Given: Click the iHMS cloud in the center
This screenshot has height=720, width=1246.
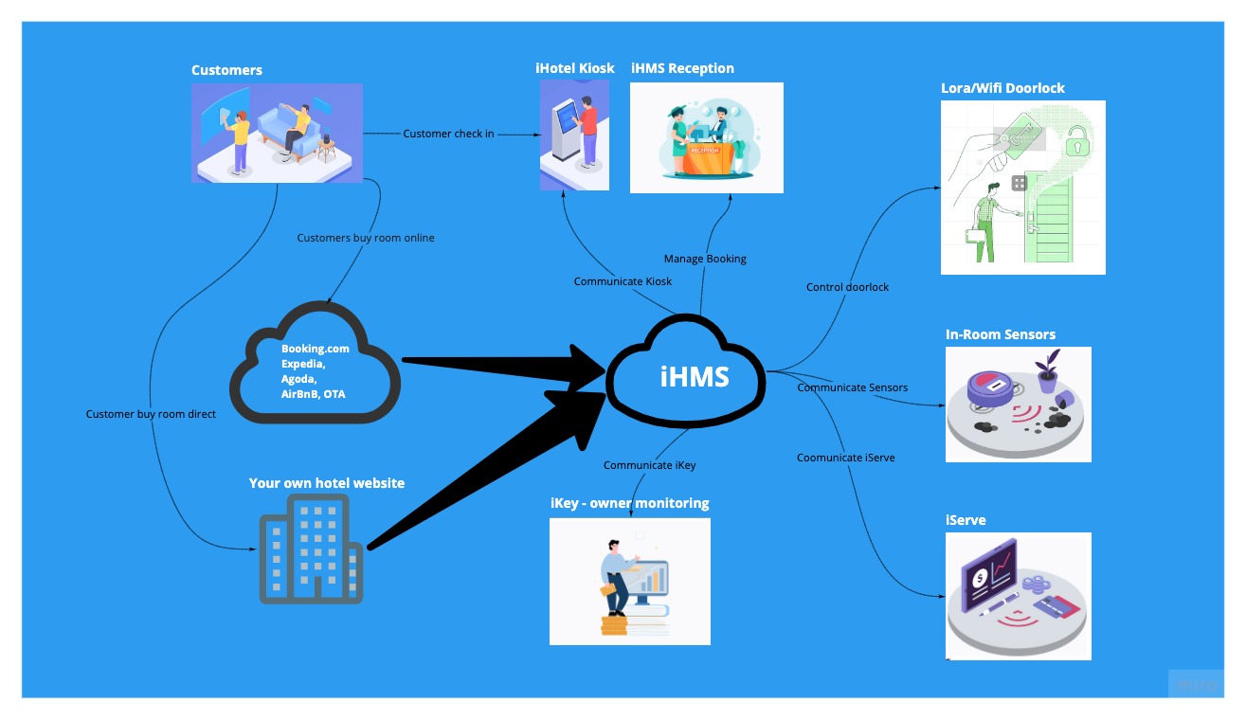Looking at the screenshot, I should pyautogui.click(x=695, y=376).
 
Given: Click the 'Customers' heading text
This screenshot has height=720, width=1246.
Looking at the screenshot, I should pyautogui.click(x=226, y=70).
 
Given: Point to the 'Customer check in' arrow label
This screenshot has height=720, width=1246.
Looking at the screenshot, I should pyautogui.click(x=448, y=134).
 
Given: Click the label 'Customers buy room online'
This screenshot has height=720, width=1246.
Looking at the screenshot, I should pyautogui.click(x=366, y=238).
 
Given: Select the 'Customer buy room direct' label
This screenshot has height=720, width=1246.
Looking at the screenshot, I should pyautogui.click(x=151, y=414).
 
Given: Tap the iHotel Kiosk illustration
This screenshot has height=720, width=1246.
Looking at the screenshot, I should pyautogui.click(x=574, y=135).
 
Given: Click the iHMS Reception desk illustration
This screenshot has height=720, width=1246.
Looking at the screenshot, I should pyautogui.click(x=706, y=137).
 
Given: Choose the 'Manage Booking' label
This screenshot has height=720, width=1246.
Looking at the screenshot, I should pyautogui.click(x=705, y=259).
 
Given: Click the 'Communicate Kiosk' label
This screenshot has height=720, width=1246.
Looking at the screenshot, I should pyautogui.click(x=623, y=281).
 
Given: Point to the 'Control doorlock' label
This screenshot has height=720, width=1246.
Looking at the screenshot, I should pyautogui.click(x=847, y=287).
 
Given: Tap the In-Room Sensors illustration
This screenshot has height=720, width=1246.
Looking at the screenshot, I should pyautogui.click(x=1018, y=405).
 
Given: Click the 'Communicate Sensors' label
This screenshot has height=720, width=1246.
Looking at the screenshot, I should pyautogui.click(x=852, y=387).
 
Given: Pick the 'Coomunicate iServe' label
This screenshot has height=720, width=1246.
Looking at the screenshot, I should pyautogui.click(x=845, y=458).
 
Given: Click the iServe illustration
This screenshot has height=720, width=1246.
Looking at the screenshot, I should pyautogui.click(x=1018, y=596).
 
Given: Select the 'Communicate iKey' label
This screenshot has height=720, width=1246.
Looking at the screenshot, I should pyautogui.click(x=649, y=465).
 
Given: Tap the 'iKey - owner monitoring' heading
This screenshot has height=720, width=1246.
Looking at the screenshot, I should pyautogui.click(x=629, y=503).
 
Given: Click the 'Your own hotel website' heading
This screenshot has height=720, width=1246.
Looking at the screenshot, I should pyautogui.click(x=326, y=483).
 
